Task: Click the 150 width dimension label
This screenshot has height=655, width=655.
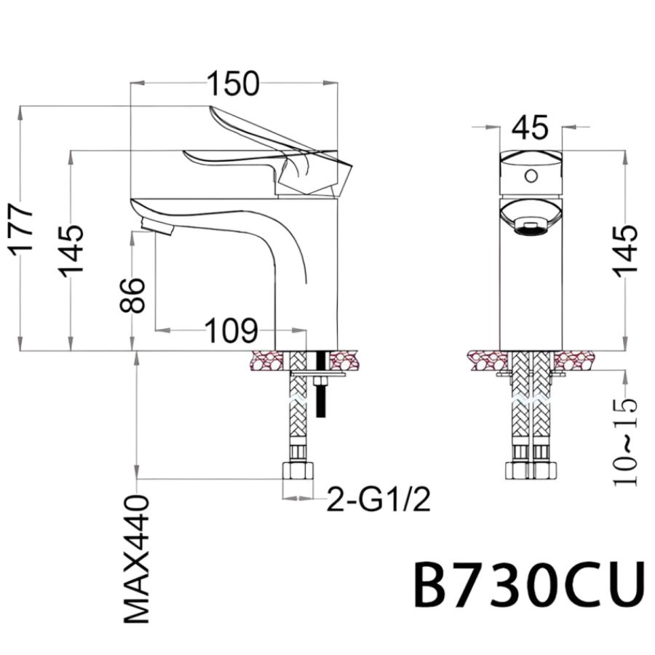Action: pos(233,84)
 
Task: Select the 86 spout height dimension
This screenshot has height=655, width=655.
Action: pos(132,295)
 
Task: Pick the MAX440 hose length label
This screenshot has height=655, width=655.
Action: pos(137,559)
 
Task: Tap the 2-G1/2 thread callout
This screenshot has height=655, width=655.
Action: pos(378,499)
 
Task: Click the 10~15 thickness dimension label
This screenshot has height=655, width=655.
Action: pos(625,442)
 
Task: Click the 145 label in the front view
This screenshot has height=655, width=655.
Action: pos(625,250)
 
